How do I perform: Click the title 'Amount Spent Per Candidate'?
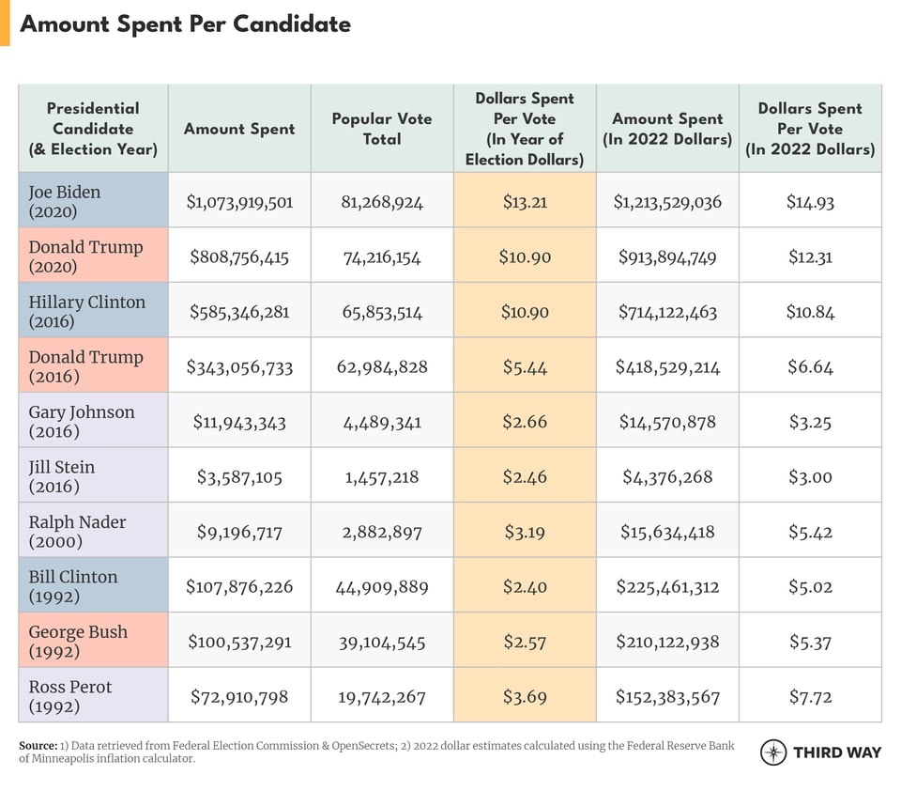[x=185, y=23]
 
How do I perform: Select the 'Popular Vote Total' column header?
[x=382, y=129]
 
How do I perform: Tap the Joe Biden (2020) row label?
[x=64, y=201]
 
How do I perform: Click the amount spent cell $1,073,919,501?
[x=239, y=201]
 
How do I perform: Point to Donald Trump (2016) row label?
[x=85, y=366]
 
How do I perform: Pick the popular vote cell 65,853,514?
[x=382, y=312]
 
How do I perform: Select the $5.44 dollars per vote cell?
[x=525, y=366]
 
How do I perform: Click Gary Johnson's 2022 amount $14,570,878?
[x=667, y=422]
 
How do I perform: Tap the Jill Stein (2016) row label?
[x=61, y=476]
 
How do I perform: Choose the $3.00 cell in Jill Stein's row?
[x=810, y=477]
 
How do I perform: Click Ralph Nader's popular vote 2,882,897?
[x=382, y=532]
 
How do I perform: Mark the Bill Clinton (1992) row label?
[x=72, y=586]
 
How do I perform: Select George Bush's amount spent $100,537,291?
[x=239, y=643]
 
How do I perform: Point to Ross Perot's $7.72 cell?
[x=810, y=697]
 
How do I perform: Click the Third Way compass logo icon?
[x=773, y=752]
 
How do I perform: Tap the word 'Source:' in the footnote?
[x=38, y=746]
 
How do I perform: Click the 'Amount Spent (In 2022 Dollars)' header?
[x=667, y=129]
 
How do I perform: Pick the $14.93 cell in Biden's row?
[x=810, y=201]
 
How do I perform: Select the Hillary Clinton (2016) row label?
[x=86, y=311]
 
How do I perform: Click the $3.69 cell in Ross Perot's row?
[x=525, y=697]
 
